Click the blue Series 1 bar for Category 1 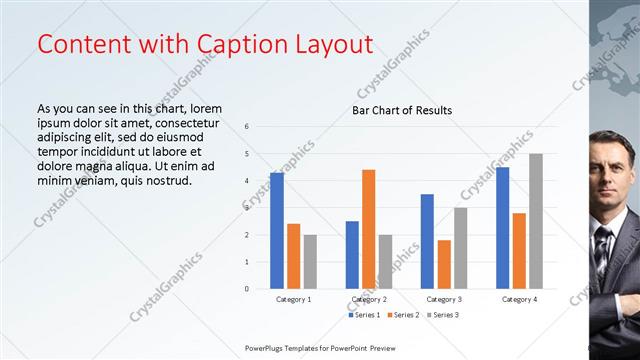(277, 230)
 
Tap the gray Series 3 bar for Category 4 (536, 221)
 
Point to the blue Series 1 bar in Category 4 (502, 228)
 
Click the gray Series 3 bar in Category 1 (310, 262)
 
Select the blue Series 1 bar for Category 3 (427, 241)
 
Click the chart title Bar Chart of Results (402, 110)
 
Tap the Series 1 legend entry (365, 315)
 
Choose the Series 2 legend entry (403, 315)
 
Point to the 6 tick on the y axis (247, 127)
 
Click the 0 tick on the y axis (247, 289)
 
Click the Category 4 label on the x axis (518, 299)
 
